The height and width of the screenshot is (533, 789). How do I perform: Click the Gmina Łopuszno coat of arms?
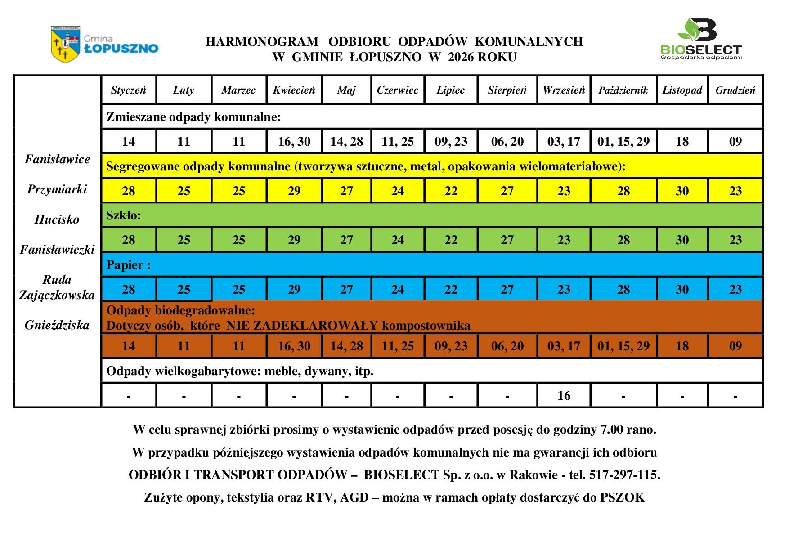[x=66, y=44]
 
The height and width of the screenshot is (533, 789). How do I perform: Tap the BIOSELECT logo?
[x=700, y=39]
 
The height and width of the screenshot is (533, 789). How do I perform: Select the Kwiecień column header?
[x=294, y=90]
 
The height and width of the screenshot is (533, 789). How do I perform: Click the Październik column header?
[x=623, y=90]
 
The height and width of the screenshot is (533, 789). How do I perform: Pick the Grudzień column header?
[x=735, y=90]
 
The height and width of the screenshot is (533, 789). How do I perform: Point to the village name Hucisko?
[x=57, y=219]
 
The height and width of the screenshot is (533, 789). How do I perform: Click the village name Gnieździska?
[x=57, y=325]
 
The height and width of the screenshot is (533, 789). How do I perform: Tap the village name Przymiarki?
[x=57, y=189]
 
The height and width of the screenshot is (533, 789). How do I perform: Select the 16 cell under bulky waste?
[x=564, y=395]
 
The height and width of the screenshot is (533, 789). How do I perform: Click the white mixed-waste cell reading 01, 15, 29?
[x=623, y=141]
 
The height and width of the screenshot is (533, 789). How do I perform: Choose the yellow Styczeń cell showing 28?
[x=129, y=191]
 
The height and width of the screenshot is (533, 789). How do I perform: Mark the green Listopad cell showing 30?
[x=682, y=240]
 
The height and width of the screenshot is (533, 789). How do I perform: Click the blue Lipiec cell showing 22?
[x=451, y=289]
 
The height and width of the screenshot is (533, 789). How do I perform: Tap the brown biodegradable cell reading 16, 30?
[x=294, y=346]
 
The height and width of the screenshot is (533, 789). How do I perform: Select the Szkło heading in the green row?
[x=123, y=215]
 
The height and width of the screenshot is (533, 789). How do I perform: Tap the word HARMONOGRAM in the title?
[x=262, y=41]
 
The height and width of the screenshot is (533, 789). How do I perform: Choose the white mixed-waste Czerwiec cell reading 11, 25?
[x=398, y=141]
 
